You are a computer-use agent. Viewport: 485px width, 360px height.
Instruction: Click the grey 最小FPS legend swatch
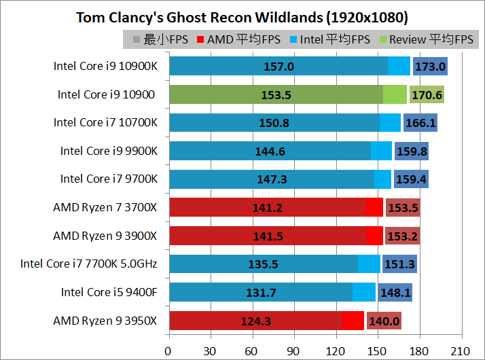[x=137, y=39]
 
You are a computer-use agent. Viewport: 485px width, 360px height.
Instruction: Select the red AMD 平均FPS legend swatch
[x=200, y=39]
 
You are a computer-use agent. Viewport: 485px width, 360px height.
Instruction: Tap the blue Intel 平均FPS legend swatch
[x=293, y=39]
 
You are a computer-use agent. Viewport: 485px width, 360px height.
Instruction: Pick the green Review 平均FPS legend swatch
[x=382, y=39]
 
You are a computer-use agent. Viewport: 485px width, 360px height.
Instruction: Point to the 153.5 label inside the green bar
[x=276, y=95]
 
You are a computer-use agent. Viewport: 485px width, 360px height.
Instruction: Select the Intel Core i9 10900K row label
[x=105, y=67]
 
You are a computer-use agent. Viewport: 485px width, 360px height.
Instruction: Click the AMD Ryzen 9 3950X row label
[x=105, y=321]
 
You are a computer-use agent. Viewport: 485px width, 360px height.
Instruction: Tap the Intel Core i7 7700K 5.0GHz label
[x=88, y=264]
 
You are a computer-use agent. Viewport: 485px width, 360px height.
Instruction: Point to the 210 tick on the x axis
[x=461, y=352]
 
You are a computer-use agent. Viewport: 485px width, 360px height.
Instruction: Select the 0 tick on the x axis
[x=168, y=352]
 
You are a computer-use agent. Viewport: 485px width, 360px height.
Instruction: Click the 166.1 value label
[x=420, y=123]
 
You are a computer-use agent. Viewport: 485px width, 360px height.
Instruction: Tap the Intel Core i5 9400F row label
[x=109, y=292]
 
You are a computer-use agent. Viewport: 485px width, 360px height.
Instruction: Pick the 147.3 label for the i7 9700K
[x=272, y=179]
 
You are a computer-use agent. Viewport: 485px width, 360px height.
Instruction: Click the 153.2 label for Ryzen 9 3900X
[x=402, y=236]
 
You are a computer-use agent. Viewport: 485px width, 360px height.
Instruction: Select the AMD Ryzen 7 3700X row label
[x=105, y=208]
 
